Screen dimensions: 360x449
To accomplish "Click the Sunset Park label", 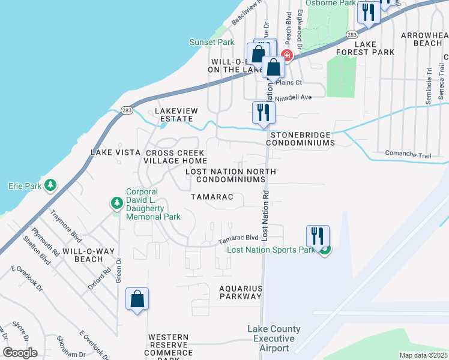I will tap(211, 43).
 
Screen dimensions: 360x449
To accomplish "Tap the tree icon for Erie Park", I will tap(52, 185).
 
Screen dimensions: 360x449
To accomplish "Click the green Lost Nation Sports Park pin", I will tap(325, 250).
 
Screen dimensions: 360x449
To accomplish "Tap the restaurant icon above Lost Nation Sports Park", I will tap(318, 235).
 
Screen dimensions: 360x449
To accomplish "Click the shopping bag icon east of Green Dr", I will tap(137, 298).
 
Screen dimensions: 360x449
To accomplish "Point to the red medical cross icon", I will tap(287, 56).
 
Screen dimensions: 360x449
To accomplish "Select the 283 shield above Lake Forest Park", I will tap(352, 35).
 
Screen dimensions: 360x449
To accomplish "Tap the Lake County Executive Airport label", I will tap(274, 338).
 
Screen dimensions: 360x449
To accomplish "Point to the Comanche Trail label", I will tap(408, 155).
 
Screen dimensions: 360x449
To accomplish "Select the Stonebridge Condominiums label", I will tap(300, 139).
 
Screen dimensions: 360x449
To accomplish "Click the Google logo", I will tap(20, 353).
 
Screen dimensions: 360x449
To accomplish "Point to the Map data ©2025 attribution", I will tap(423, 355).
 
